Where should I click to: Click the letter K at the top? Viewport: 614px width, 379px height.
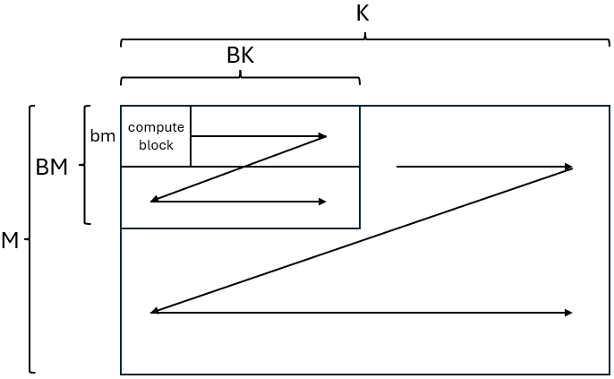click(362, 13)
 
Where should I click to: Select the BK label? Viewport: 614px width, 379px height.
click(241, 56)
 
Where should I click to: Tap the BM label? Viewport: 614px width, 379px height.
click(52, 168)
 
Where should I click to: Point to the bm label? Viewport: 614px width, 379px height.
click(103, 136)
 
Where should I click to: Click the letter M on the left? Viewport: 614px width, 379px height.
click(10, 240)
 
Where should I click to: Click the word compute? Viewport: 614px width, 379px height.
click(156, 127)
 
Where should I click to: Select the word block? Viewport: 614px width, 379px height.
click(156, 145)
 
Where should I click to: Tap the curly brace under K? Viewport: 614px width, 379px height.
click(365, 39)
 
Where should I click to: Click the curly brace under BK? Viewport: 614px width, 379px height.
click(240, 77)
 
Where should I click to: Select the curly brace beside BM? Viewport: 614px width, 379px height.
click(84, 165)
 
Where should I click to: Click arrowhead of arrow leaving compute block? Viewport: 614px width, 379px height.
click(322, 136)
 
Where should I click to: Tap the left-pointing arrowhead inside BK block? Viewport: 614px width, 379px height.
click(155, 200)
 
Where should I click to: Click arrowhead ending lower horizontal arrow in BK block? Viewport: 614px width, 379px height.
click(322, 202)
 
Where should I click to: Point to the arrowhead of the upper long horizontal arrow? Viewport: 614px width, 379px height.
click(568, 167)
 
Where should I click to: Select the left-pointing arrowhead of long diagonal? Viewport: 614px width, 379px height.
click(156, 310)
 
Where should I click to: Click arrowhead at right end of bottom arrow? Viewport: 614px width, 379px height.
click(568, 313)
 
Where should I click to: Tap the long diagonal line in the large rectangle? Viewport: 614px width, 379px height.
click(362, 239)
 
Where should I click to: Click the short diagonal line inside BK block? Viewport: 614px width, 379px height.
click(239, 168)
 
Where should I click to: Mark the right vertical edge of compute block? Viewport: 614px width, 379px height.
click(191, 136)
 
